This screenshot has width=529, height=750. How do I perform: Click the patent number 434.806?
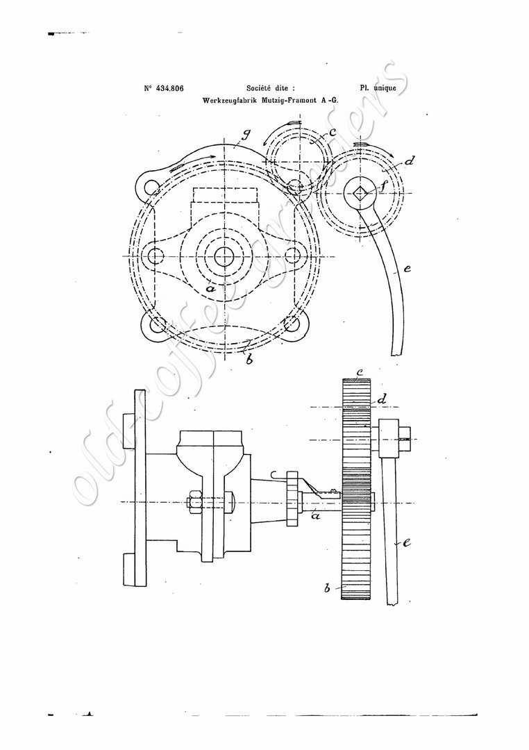point(170,88)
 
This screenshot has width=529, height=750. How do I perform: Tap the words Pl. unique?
point(378,88)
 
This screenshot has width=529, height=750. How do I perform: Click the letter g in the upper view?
point(246,135)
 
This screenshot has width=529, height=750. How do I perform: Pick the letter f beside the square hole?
point(380,187)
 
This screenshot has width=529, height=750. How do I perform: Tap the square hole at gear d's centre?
point(360,193)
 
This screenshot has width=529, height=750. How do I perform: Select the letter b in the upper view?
point(249,358)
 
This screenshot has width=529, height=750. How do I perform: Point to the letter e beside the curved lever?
point(407,269)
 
